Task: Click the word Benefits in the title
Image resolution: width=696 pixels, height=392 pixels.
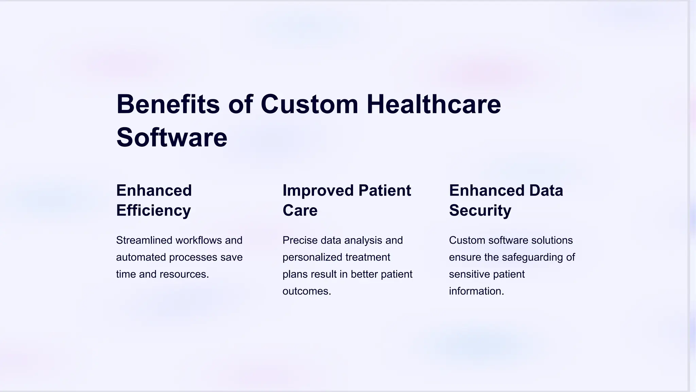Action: (x=168, y=104)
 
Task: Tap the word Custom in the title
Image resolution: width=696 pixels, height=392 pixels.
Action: (x=309, y=104)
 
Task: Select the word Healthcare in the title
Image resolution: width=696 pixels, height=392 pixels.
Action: (x=434, y=104)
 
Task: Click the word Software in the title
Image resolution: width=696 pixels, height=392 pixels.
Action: (x=172, y=137)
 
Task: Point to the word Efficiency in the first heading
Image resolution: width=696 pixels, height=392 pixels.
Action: (x=153, y=211)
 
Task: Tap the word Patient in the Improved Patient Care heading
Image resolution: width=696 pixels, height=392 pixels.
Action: (x=384, y=191)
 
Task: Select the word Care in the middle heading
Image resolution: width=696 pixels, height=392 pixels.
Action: (x=300, y=211)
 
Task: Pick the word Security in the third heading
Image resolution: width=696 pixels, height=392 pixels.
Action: (x=480, y=211)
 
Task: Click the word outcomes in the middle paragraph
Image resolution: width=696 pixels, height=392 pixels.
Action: (x=307, y=291)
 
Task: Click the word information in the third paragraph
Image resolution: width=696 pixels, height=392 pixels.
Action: (x=476, y=291)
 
